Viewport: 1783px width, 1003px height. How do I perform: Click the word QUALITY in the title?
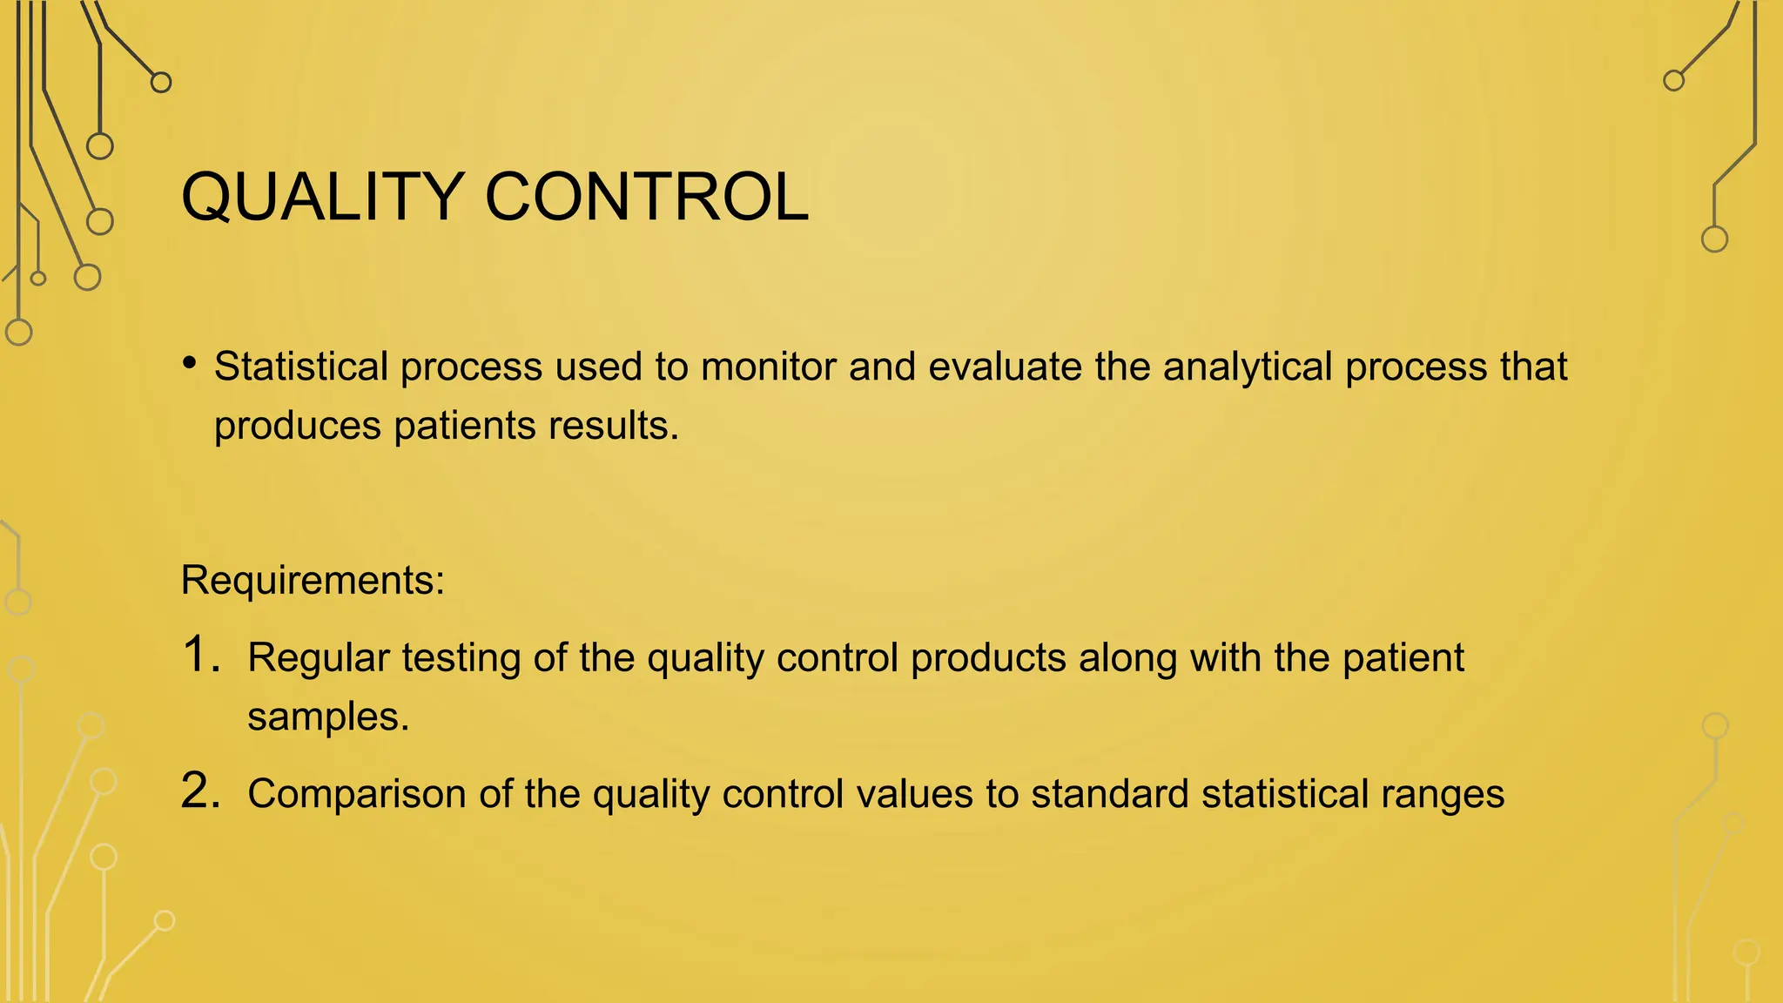(x=322, y=197)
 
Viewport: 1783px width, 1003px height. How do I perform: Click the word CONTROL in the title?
(x=646, y=197)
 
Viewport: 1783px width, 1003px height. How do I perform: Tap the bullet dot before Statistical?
(x=190, y=362)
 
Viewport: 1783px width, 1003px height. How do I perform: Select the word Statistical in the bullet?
(x=301, y=367)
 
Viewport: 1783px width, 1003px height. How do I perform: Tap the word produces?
(x=298, y=427)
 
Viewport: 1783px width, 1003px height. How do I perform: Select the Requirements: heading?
(x=313, y=580)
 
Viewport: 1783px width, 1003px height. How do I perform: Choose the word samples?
(x=328, y=717)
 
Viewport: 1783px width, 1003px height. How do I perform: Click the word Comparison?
(x=357, y=795)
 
